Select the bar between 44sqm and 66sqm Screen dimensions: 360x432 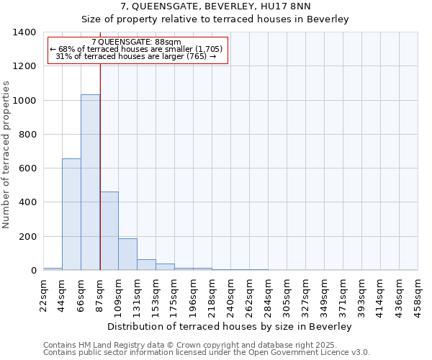point(71,215)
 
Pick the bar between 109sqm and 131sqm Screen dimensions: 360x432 point(127,254)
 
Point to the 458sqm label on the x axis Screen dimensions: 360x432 point(418,294)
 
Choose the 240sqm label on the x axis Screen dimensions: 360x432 point(231,294)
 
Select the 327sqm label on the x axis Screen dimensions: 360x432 point(306,294)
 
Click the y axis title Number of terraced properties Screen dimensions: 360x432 point(7,154)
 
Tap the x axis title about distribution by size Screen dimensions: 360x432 point(230,327)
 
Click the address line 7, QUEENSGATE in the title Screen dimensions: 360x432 point(215,6)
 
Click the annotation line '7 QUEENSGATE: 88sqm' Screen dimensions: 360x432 point(137,42)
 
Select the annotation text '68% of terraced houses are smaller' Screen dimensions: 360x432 point(137,49)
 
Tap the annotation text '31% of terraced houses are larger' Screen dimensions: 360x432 point(137,56)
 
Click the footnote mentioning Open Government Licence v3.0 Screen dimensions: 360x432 point(206,352)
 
